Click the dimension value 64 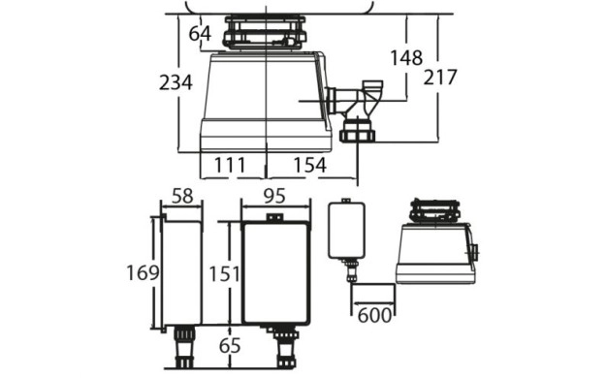(x=200, y=34)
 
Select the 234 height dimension (x=176, y=82)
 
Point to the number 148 (x=405, y=58)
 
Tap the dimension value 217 (x=440, y=78)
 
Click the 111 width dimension (x=230, y=165)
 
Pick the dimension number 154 (x=309, y=165)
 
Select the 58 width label (x=182, y=196)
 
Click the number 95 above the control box (x=274, y=196)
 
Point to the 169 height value (x=143, y=273)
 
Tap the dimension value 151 (x=225, y=274)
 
